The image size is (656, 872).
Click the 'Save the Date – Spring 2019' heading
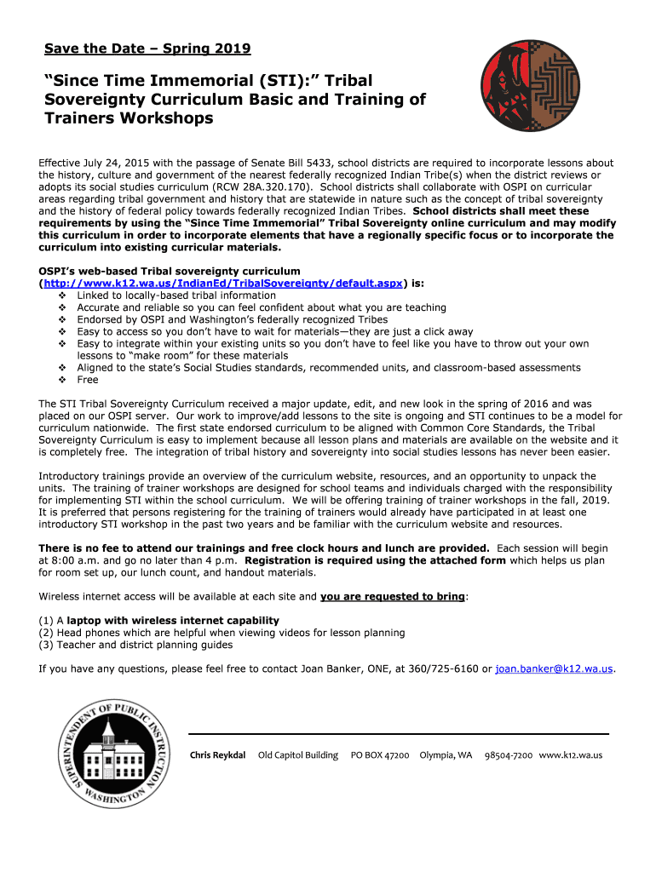click(x=147, y=49)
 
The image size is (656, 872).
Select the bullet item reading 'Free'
click(x=88, y=380)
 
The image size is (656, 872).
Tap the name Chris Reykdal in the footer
click(x=217, y=755)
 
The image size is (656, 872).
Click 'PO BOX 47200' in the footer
click(x=380, y=755)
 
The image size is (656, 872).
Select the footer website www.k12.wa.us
click(x=571, y=755)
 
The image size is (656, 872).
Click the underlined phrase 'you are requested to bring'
click(x=393, y=597)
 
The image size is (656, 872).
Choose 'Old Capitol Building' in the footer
click(x=298, y=755)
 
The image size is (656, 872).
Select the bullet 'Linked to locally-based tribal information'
click(x=176, y=295)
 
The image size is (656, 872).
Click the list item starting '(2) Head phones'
click(x=222, y=633)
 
